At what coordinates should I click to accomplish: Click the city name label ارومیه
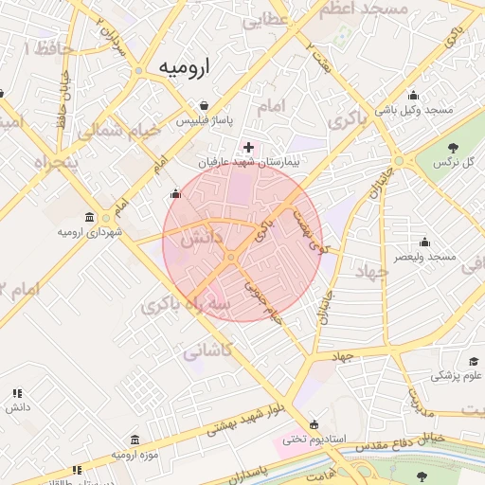(184, 68)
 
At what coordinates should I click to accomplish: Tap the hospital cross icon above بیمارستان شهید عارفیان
(248, 147)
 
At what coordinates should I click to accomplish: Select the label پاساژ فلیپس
(202, 121)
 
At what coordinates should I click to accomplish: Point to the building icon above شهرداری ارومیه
(89, 217)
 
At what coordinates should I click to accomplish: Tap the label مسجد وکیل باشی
(414, 110)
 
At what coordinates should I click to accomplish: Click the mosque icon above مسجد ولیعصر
(424, 242)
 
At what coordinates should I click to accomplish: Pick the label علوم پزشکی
(458, 376)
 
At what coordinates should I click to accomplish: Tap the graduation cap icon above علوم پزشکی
(473, 362)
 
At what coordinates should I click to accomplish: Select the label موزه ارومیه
(135, 455)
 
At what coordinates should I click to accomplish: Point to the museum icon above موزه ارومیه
(135, 440)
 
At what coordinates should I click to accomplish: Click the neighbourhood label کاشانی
(206, 351)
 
